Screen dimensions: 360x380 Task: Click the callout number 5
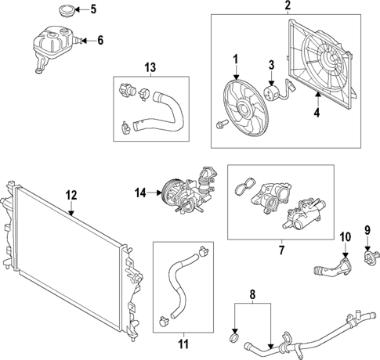[x=93, y=9]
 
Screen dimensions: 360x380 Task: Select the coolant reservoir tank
[x=52, y=45]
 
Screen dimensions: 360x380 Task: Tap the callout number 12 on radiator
[x=71, y=194]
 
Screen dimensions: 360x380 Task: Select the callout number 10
[x=346, y=236]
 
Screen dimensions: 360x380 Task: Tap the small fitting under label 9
[x=371, y=254]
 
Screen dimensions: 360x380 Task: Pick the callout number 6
[x=100, y=40]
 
